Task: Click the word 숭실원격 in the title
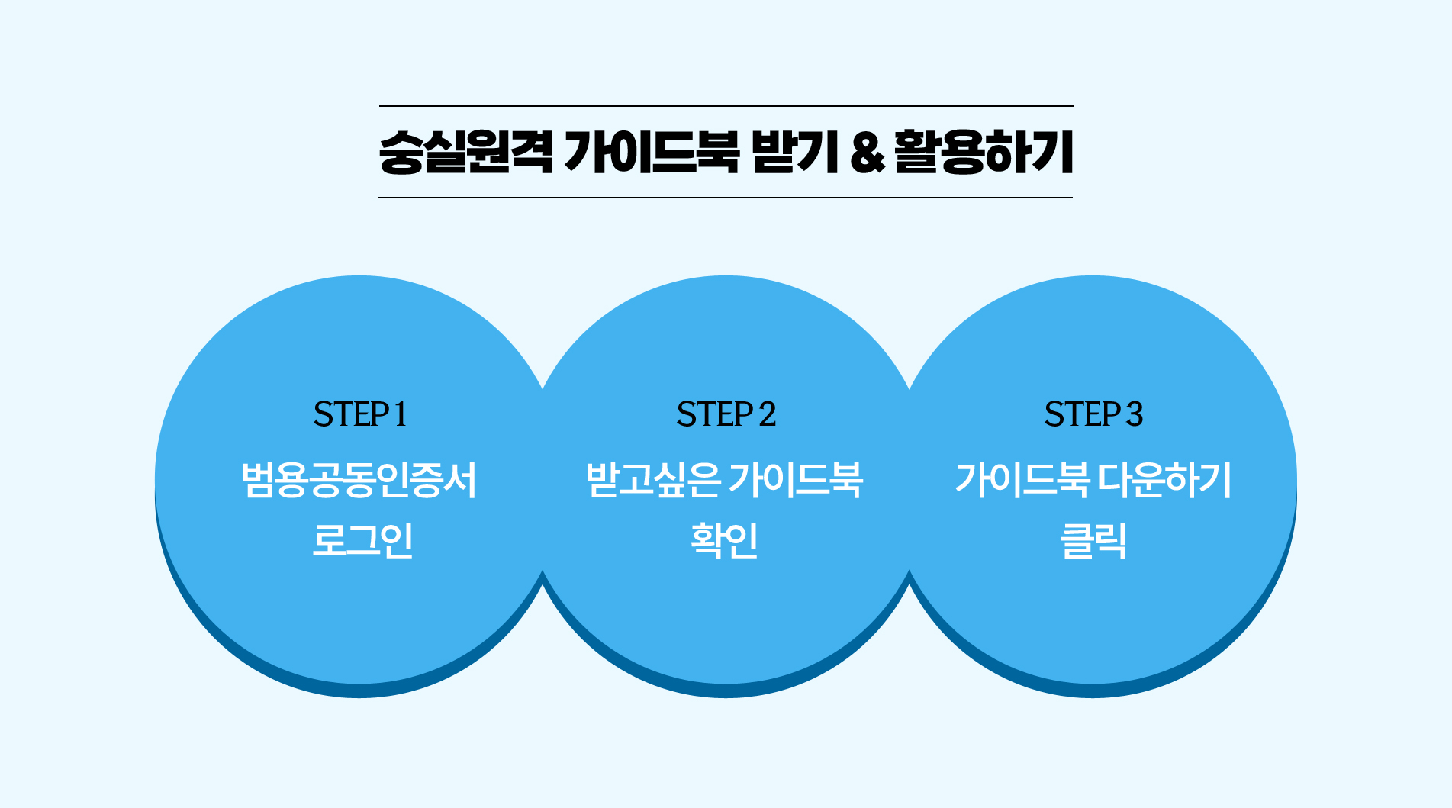(x=465, y=152)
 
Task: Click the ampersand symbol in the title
(x=868, y=153)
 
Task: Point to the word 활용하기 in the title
(x=984, y=152)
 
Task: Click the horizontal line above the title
(x=726, y=106)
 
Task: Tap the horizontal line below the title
(x=725, y=198)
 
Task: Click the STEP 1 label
(x=359, y=414)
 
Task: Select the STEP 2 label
(x=726, y=414)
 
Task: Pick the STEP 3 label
(x=1093, y=414)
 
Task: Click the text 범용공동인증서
(x=359, y=480)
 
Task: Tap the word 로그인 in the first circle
(x=362, y=539)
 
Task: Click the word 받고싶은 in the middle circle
(x=653, y=480)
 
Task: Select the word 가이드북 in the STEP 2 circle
(x=795, y=480)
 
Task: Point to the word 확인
(x=724, y=539)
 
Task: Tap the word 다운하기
(x=1164, y=480)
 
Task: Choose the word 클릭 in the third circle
(x=1093, y=539)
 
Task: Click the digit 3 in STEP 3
(x=1135, y=414)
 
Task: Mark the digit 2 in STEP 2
(x=768, y=414)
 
